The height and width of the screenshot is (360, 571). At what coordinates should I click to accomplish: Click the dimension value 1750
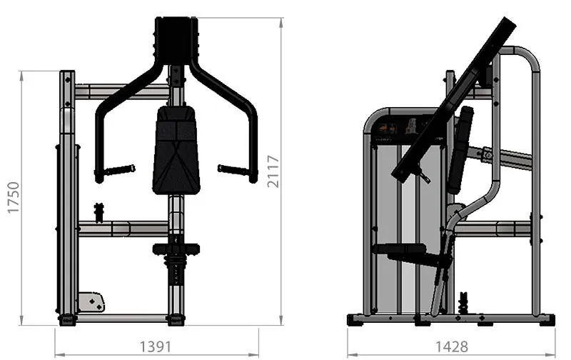tap(14, 197)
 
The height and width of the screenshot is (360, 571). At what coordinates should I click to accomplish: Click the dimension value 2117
tap(273, 171)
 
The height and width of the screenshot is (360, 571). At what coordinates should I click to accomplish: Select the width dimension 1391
tap(156, 346)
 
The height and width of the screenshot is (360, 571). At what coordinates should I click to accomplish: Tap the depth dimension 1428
tap(452, 346)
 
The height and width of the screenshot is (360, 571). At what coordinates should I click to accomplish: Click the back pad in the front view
tap(176, 150)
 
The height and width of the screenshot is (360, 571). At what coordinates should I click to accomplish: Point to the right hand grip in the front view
tap(233, 169)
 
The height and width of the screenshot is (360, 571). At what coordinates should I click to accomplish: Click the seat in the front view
tap(176, 249)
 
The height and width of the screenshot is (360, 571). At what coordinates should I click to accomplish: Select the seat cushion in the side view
tap(400, 249)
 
